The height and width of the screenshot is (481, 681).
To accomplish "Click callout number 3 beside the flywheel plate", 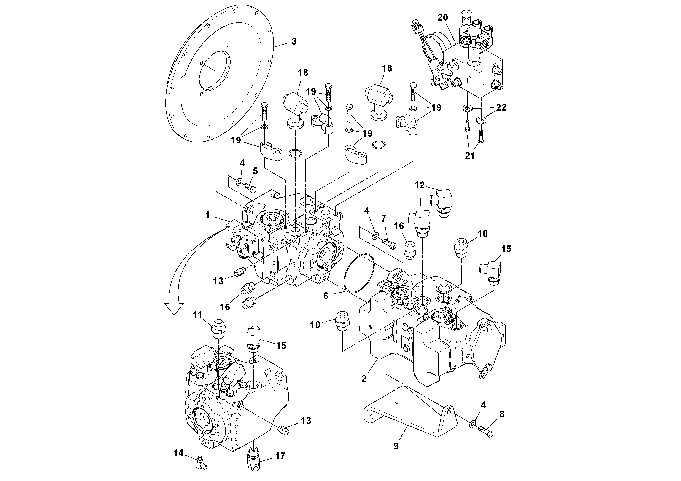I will click(294, 42).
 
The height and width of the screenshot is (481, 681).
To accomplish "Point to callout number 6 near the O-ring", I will click(326, 296).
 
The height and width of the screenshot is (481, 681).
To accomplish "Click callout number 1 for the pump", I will click(207, 215).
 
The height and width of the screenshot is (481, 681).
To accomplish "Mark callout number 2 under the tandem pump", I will click(364, 379).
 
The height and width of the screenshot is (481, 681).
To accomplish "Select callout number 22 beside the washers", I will click(501, 107).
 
